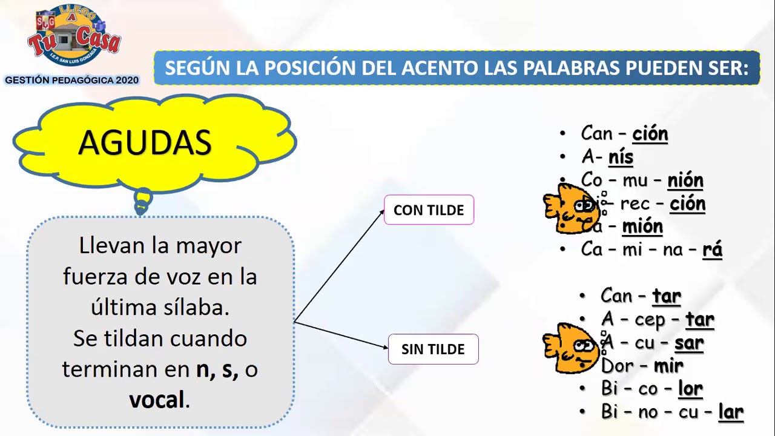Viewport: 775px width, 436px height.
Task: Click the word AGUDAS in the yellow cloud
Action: (x=145, y=143)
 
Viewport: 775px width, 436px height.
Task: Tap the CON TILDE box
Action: (x=429, y=210)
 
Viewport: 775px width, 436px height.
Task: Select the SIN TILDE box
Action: (x=433, y=349)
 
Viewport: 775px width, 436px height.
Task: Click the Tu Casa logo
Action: (x=74, y=38)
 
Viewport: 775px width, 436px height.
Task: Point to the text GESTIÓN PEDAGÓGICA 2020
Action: (x=72, y=80)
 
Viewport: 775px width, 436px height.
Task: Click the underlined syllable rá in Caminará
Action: (x=712, y=249)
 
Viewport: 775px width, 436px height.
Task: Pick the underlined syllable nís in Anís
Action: (x=621, y=157)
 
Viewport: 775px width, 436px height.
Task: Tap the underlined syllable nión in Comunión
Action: (x=685, y=180)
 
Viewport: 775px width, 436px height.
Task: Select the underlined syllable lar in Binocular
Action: (x=730, y=412)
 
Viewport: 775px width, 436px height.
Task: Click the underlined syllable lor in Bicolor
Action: (x=690, y=388)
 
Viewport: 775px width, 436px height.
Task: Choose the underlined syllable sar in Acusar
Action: (x=689, y=343)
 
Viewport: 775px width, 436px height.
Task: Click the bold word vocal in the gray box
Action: (x=156, y=400)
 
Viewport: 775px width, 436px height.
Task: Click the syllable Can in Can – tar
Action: (x=616, y=296)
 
